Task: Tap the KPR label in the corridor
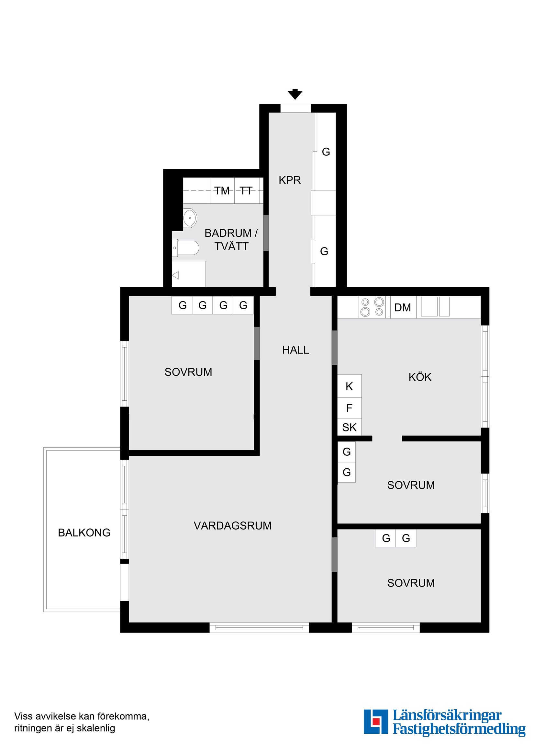click(290, 180)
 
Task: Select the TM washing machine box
click(222, 191)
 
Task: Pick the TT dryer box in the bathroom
click(246, 191)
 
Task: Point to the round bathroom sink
click(190, 218)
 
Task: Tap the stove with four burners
click(372, 307)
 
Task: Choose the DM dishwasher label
click(403, 307)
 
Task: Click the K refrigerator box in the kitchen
click(350, 386)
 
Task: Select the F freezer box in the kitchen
click(350, 408)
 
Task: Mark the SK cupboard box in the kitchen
click(350, 427)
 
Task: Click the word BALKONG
click(84, 533)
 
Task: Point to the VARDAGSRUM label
click(233, 525)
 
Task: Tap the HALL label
click(296, 350)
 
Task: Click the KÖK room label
click(420, 377)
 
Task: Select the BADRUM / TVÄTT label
click(231, 240)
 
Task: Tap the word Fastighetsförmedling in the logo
click(459, 735)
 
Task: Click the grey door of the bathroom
click(266, 233)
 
